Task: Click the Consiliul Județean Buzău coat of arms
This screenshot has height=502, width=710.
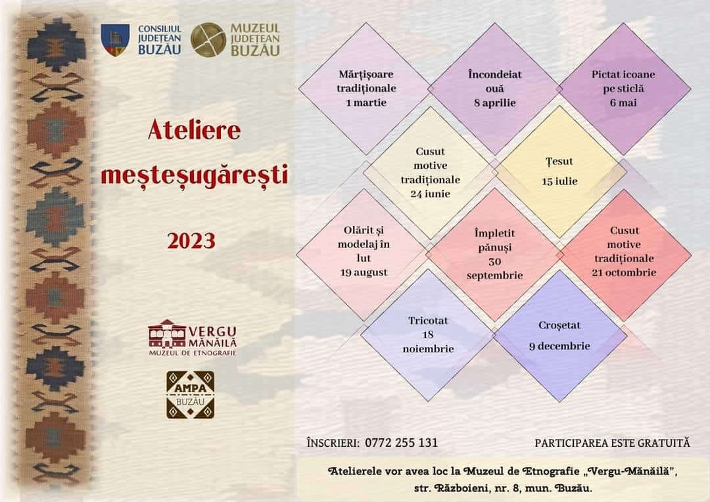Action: coord(114,40)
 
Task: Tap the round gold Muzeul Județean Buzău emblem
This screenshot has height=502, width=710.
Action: coord(208,40)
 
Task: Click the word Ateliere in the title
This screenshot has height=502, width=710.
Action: coord(194,130)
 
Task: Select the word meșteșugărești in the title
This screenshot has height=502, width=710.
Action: coord(194,175)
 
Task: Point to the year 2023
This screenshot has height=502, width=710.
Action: coord(191,240)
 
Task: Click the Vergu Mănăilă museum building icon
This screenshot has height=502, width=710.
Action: coord(166,334)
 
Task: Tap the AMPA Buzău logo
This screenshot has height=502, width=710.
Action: coord(190,395)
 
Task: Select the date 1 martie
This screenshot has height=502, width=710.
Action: coord(366,103)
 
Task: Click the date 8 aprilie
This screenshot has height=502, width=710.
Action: coord(495,103)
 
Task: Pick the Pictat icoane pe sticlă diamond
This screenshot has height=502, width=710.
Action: coord(624,89)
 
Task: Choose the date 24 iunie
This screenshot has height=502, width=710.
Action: coord(430,194)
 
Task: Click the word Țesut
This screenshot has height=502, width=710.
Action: coord(559,162)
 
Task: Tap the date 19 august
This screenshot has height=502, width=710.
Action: coord(364,273)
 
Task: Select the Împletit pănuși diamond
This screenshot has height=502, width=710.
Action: coord(494,254)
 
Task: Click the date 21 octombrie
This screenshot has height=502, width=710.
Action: coord(624,273)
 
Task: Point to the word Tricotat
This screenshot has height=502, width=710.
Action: coord(428,321)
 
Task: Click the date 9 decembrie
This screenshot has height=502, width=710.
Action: coord(559,346)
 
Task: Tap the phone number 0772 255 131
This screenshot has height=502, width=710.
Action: coord(401,443)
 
